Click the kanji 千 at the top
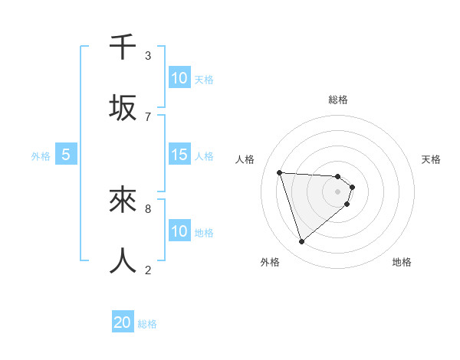123,47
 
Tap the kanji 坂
123,108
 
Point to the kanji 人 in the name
123,260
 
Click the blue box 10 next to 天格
179,78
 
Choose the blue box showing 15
179,155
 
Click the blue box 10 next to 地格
179,231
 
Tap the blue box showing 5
66,155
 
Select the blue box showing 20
123,322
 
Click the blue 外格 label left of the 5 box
41,156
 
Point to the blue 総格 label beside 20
147,324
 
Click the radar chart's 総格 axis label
338,100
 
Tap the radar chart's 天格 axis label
431,159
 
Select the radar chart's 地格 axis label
402,262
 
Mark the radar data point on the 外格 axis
301,242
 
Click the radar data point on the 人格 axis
280,172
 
